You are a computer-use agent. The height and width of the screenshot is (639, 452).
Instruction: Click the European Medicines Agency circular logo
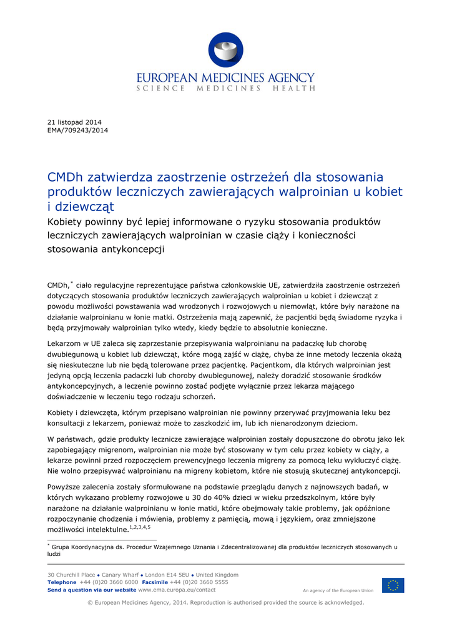[x=225, y=51]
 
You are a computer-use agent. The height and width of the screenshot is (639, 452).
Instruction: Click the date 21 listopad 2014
[x=74, y=122]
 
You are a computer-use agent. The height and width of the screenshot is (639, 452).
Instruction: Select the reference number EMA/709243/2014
[x=78, y=130]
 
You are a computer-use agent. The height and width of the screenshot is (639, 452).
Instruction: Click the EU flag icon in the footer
[x=393, y=585]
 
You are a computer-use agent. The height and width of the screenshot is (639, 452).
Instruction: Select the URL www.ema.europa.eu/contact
[x=177, y=590]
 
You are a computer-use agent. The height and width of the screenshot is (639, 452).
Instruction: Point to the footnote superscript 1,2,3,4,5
[x=139, y=527]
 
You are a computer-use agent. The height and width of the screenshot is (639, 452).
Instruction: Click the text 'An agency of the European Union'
[x=338, y=590]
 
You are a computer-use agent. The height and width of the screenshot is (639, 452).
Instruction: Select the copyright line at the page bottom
[x=225, y=603]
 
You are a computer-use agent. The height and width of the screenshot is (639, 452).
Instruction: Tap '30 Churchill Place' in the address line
[x=71, y=575]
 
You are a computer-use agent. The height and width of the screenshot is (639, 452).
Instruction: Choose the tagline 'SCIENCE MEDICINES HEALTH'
[x=225, y=89]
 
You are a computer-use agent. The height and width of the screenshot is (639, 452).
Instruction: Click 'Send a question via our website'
[x=92, y=590]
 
